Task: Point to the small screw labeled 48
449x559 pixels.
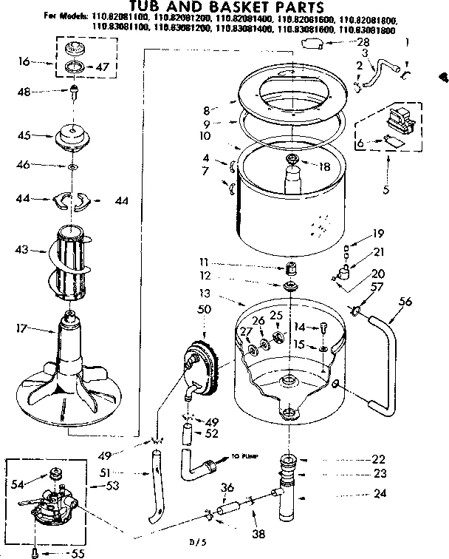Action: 75,93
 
